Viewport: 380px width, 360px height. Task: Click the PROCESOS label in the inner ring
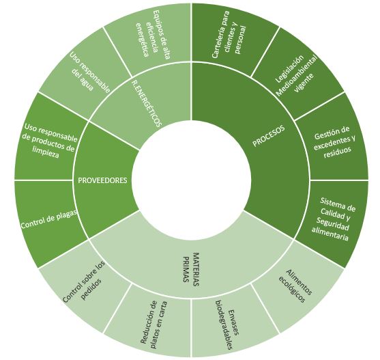click(x=269, y=136)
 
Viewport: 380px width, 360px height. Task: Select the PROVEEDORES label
click(x=102, y=180)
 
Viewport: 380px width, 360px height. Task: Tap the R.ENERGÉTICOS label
click(x=146, y=104)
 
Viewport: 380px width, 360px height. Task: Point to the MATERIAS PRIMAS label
click(x=190, y=268)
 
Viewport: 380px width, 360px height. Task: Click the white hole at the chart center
click(x=191, y=180)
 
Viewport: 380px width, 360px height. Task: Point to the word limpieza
click(x=46, y=152)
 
